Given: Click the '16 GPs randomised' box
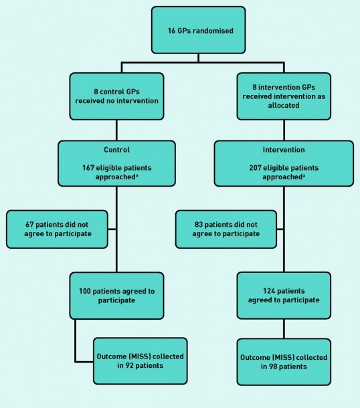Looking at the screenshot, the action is tap(198, 30).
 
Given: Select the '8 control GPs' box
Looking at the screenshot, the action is tap(116, 96).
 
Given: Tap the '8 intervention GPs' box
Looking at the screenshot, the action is tap(284, 96).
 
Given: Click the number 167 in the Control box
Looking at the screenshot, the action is tap(88, 168).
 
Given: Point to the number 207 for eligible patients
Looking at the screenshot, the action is tap(255, 168).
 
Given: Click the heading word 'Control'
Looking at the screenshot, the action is tap(116, 150).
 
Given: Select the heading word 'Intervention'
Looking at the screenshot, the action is tap(284, 150).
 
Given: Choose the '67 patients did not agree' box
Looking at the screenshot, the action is tap(57, 229).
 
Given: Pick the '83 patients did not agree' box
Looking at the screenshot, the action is tap(226, 229).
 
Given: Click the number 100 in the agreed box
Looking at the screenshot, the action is tap(84, 291).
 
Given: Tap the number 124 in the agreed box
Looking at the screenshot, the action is tap(269, 291).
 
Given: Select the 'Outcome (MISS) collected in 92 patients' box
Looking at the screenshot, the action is tap(141, 361).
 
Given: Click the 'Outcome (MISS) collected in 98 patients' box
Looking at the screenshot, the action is tap(284, 362).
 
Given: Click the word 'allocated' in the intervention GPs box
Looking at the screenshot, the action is tap(284, 106).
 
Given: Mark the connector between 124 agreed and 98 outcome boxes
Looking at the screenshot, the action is tap(284, 329).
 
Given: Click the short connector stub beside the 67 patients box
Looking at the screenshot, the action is tap(112, 229).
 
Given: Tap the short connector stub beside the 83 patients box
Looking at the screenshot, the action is tap(280, 229).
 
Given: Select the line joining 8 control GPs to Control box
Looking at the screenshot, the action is tap(116, 130).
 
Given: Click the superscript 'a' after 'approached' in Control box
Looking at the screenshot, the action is tap(137, 175).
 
